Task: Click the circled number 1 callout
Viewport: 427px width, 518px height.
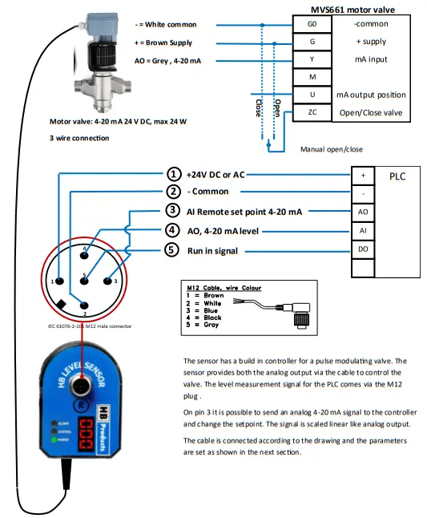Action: tap(173, 174)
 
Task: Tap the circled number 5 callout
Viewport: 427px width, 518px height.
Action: tap(173, 250)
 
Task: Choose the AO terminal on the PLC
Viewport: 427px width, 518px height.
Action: tap(363, 212)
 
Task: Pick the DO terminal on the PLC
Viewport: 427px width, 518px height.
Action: tap(363, 250)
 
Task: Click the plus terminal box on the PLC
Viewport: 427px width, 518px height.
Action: tap(363, 175)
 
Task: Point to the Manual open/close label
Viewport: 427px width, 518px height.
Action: tap(331, 149)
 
